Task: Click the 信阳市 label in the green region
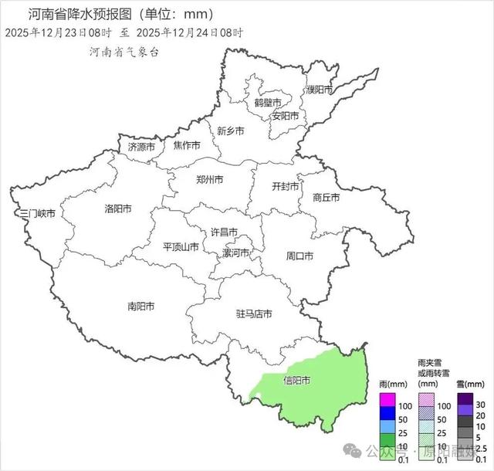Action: coord(297,380)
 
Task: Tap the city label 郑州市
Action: coord(209,180)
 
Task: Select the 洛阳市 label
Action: coord(117,208)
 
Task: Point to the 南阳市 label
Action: coord(140,306)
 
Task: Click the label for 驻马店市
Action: coord(254,314)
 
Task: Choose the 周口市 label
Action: coord(299,256)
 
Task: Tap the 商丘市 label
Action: coord(327,197)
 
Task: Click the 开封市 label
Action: coord(286,186)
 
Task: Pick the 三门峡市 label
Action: coord(37,213)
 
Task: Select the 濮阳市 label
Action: coord(319,90)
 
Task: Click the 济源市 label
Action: coord(141,147)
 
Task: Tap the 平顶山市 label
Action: coord(181,247)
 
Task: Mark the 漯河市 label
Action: coord(236,252)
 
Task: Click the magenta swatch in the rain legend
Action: coord(387,400)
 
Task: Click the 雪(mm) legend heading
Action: coord(470,384)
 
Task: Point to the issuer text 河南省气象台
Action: coord(123,52)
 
